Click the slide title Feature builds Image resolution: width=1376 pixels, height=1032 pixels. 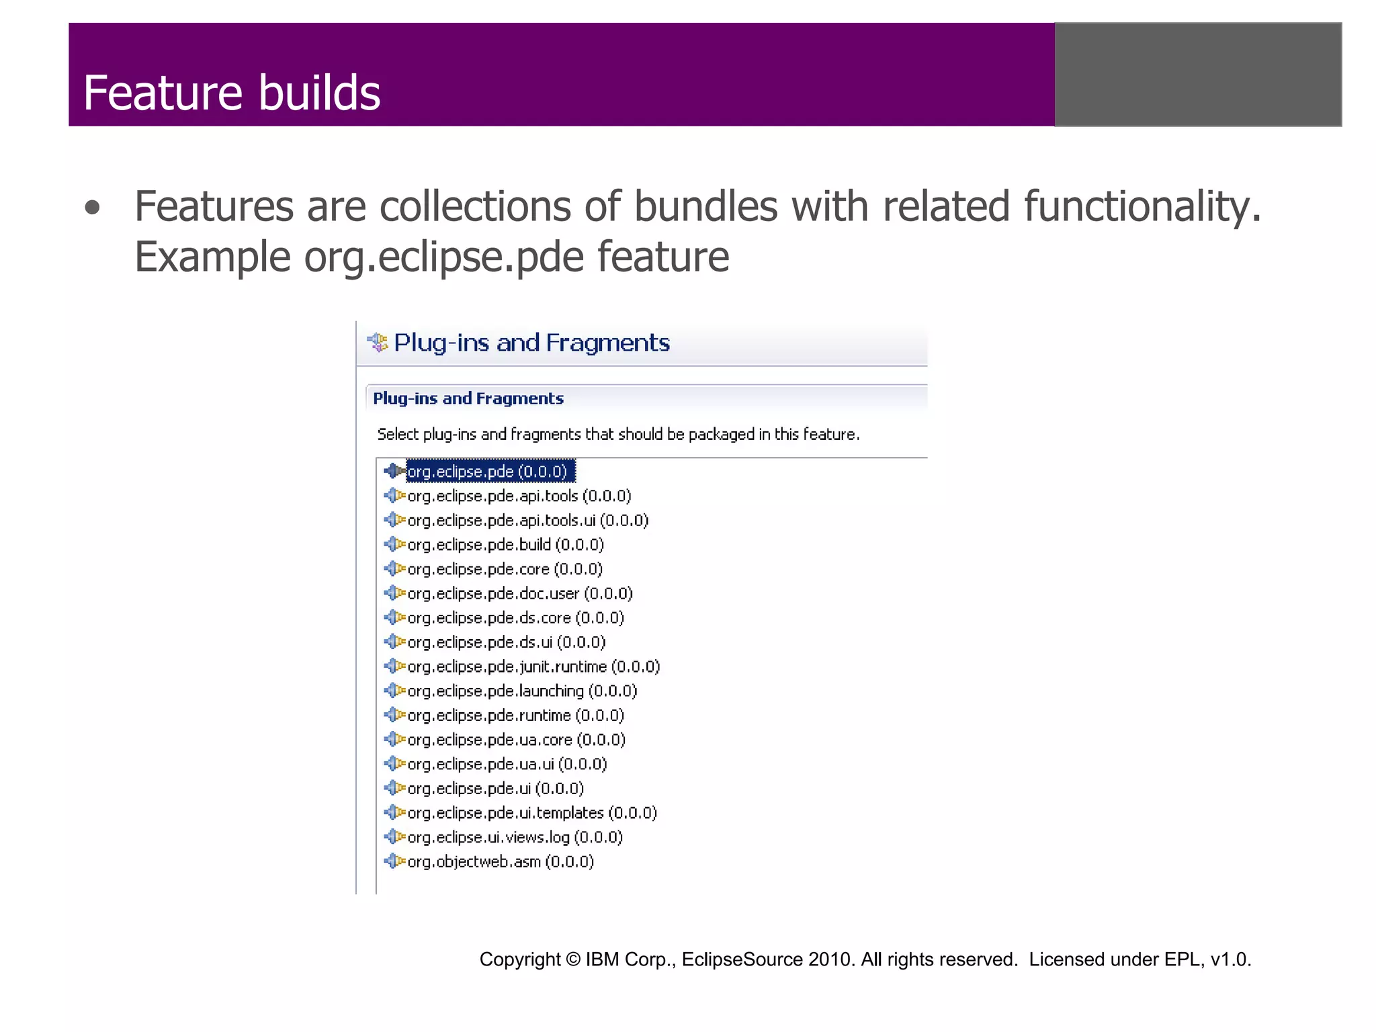pyautogui.click(x=232, y=93)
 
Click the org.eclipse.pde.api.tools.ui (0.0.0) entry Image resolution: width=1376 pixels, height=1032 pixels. pyautogui.click(x=527, y=521)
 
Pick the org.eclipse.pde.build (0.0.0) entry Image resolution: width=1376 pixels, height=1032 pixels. pyautogui.click(x=505, y=545)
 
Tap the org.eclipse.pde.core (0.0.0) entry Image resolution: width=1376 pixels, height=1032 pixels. pyautogui.click(x=505, y=570)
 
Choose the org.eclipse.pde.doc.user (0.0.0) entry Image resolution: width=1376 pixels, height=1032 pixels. pyautogui.click(x=520, y=594)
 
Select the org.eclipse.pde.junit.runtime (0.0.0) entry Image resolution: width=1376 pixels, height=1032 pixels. pyautogui.click(x=533, y=667)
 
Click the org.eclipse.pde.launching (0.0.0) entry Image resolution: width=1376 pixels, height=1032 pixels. pyautogui.click(x=522, y=691)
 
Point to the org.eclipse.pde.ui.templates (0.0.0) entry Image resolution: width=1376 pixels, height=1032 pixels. pyautogui.click(x=532, y=814)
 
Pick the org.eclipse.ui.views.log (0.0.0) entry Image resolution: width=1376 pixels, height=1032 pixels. pyautogui.click(x=515, y=838)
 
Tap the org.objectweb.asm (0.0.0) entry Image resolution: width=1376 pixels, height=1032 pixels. pyautogui.click(x=501, y=862)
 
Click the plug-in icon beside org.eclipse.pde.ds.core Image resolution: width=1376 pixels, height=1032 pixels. pyautogui.click(x=394, y=617)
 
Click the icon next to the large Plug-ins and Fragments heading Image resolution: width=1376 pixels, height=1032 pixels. pyautogui.click(x=378, y=343)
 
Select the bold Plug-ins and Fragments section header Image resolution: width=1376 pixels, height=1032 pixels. pyautogui.click(x=468, y=398)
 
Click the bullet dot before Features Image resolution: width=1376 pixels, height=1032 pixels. pyautogui.click(x=93, y=208)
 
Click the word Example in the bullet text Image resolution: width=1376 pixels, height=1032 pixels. pyautogui.click(x=212, y=257)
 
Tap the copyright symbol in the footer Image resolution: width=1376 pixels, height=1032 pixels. pyautogui.click(x=573, y=959)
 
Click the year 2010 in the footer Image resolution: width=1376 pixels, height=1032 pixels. pyautogui.click(x=831, y=959)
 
